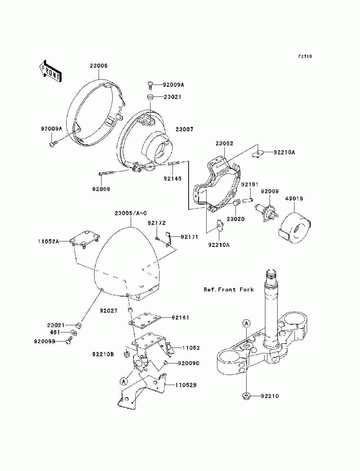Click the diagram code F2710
click(305, 56)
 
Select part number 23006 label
click(99, 65)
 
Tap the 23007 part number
click(184, 129)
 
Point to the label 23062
click(224, 143)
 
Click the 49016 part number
click(294, 199)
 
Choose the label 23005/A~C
click(131, 213)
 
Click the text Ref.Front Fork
click(229, 290)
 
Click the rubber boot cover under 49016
click(294, 228)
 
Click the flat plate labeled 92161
click(145, 323)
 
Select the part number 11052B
click(186, 385)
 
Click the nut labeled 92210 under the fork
click(246, 395)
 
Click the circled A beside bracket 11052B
click(123, 381)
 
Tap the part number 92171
click(189, 237)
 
